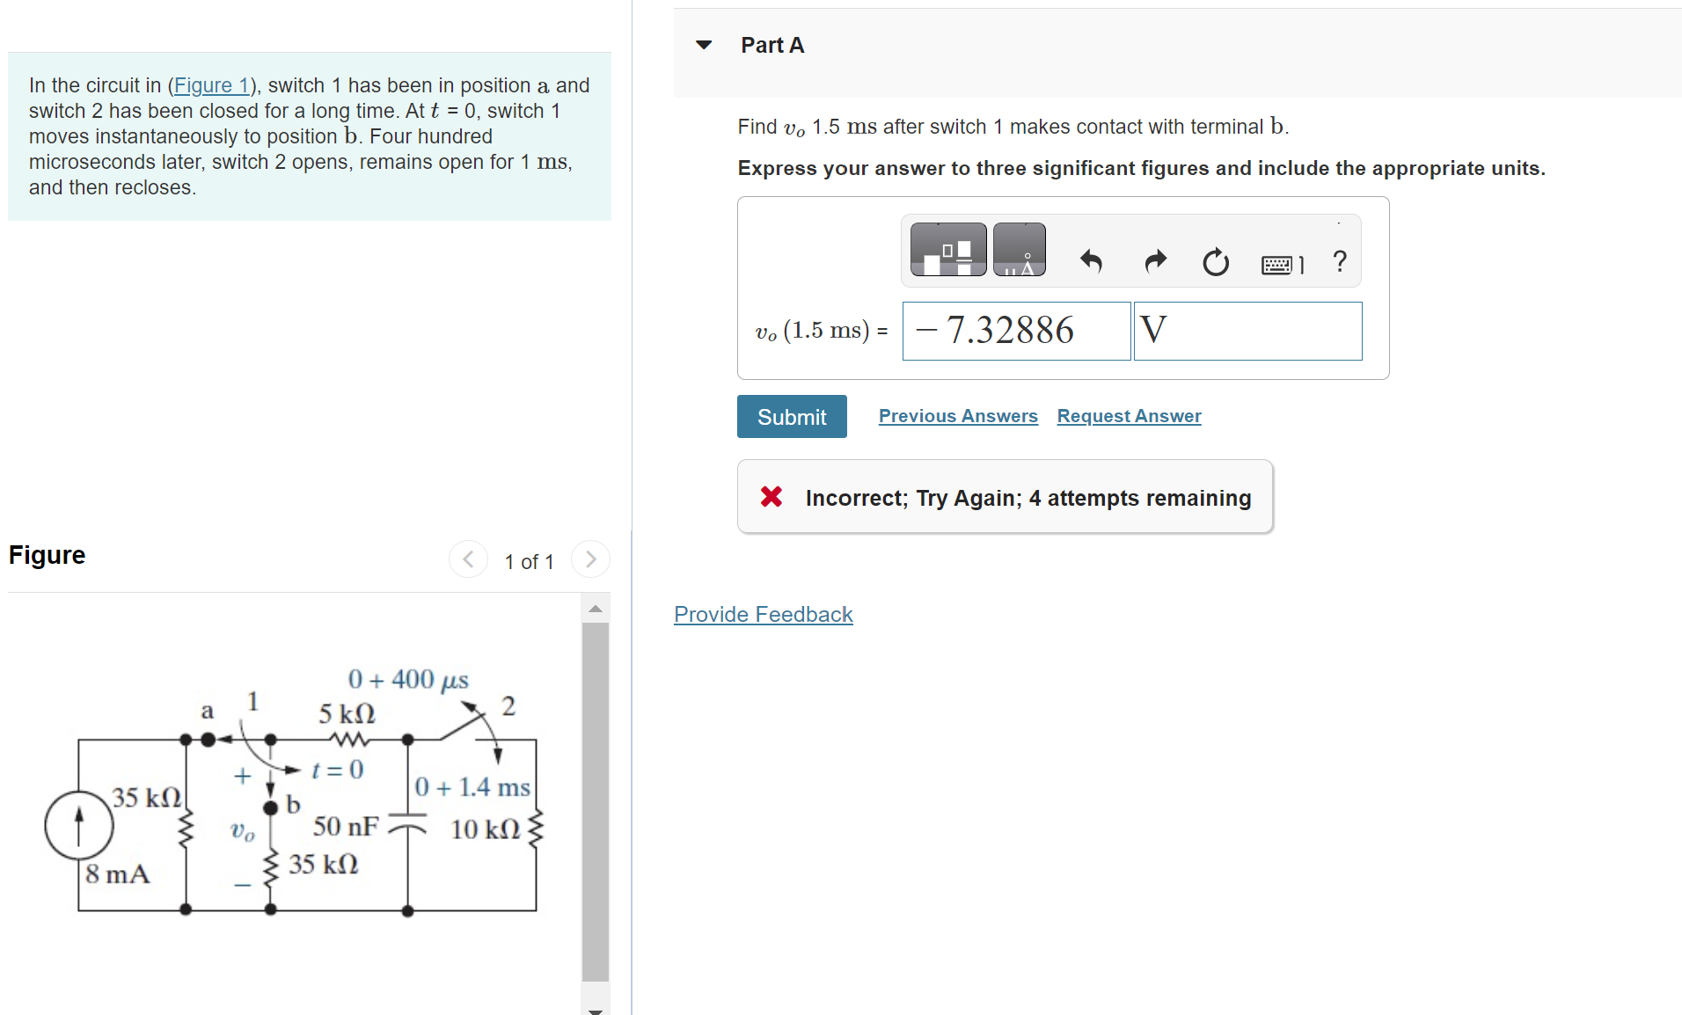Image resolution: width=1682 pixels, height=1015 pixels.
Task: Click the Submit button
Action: [x=792, y=417]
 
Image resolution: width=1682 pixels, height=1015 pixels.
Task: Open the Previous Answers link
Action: [x=958, y=416]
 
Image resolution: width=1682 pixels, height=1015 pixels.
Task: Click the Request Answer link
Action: [x=1129, y=416]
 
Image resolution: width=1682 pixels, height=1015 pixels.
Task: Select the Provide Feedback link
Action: [x=763, y=614]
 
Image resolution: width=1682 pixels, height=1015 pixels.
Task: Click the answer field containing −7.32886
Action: [x=1016, y=331]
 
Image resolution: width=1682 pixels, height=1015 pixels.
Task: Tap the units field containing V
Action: [x=1247, y=331]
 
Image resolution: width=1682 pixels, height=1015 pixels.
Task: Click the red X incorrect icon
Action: [x=772, y=497]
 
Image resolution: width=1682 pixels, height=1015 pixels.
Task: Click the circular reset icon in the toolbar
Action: [x=1216, y=261]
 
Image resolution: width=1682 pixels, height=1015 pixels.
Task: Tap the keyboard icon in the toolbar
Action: [x=1277, y=264]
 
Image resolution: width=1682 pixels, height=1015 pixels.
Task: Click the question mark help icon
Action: [x=1339, y=261]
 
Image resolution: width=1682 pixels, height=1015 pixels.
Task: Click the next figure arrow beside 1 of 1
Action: [x=590, y=559]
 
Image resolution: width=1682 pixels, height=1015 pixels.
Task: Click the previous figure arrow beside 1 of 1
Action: [x=468, y=559]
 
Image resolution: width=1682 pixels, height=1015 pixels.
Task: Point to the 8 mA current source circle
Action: [x=79, y=825]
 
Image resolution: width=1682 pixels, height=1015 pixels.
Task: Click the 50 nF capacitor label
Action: [x=346, y=827]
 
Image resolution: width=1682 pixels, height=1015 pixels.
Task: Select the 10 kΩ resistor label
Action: [x=485, y=829]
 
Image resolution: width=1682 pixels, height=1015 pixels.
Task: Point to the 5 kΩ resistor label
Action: [x=347, y=713]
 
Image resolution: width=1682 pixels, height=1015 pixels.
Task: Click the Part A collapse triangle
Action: [x=704, y=45]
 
